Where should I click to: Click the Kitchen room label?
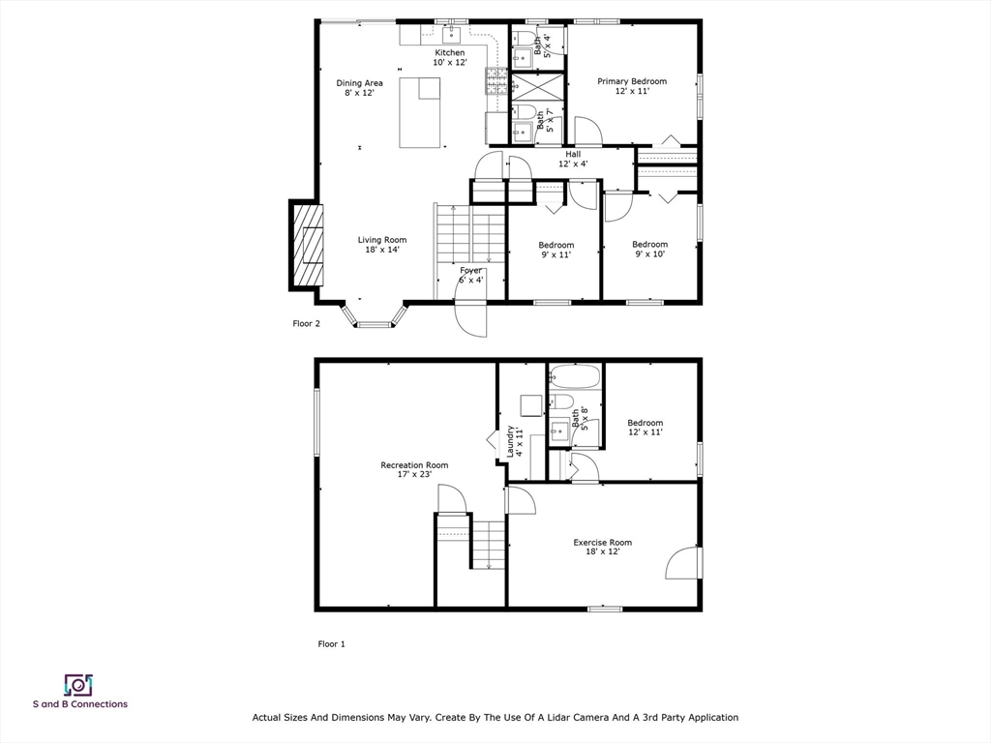point(450,57)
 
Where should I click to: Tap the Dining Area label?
point(359,88)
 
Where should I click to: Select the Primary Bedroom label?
point(632,86)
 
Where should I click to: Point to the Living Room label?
point(382,245)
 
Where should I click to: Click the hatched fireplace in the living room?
point(307,245)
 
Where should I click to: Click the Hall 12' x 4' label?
point(573,159)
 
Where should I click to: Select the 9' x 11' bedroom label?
point(556,250)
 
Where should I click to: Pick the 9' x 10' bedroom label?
point(649,249)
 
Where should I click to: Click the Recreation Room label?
point(414,469)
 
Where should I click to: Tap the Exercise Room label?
point(602,547)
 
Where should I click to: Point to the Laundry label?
point(514,441)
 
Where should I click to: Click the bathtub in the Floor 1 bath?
point(575,376)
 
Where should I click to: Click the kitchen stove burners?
point(496,81)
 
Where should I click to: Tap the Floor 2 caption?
point(307,323)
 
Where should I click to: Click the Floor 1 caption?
point(331,643)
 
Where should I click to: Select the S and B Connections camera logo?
point(79,685)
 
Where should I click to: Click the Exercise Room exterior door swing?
point(682,562)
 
